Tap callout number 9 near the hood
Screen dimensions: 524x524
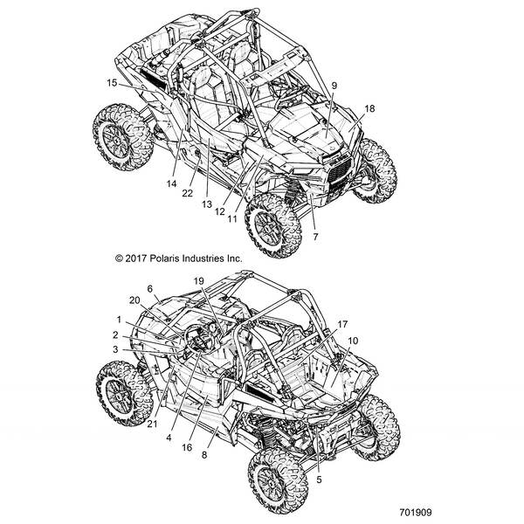click(x=334, y=85)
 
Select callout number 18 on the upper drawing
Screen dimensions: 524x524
click(x=370, y=108)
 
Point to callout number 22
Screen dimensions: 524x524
click(x=187, y=194)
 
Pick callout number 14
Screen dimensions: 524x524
click(x=171, y=183)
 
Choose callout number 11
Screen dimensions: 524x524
click(x=232, y=219)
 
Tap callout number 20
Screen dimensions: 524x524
click(x=133, y=300)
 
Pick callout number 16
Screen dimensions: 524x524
click(x=185, y=446)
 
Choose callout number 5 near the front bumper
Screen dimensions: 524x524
click(x=320, y=479)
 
